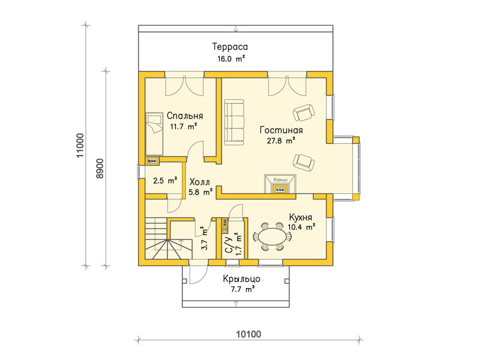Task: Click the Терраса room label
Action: [x=230, y=47]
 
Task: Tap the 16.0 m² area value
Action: [x=231, y=59]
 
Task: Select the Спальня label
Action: [x=185, y=116]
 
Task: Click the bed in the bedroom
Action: [x=154, y=134]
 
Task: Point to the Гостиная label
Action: [x=281, y=130]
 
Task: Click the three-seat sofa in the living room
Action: [x=234, y=122]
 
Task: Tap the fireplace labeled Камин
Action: [x=280, y=184]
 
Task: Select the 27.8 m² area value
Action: [x=281, y=140]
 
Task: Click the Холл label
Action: [x=200, y=182]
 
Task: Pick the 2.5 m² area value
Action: [x=165, y=181]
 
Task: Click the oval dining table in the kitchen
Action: [x=272, y=236]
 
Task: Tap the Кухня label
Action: [x=301, y=217]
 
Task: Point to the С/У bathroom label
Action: [x=229, y=245]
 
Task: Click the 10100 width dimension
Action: [x=248, y=334]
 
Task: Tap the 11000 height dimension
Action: [x=80, y=145]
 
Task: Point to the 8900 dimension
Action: [x=100, y=169]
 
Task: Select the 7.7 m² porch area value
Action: [x=242, y=289]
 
